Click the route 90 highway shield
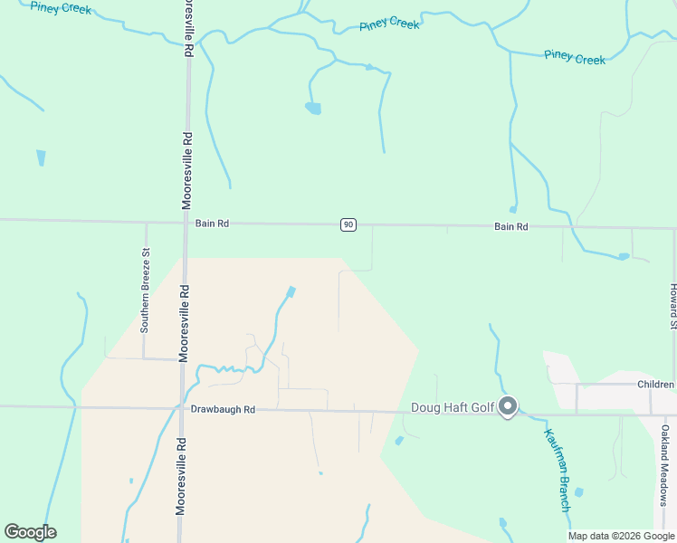tap(348, 224)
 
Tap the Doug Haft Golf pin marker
tap(509, 407)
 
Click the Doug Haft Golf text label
tap(453, 407)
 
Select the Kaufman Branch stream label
tap(558, 470)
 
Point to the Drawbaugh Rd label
tap(223, 410)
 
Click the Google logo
tap(30, 532)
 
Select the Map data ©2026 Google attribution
tap(621, 536)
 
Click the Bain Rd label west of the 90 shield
tap(212, 222)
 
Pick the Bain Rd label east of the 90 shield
tap(510, 226)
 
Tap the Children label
tap(655, 385)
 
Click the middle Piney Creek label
tap(389, 24)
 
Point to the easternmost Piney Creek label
tap(575, 57)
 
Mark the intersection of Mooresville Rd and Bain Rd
tap(186, 222)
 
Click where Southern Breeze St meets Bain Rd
tap(146, 221)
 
